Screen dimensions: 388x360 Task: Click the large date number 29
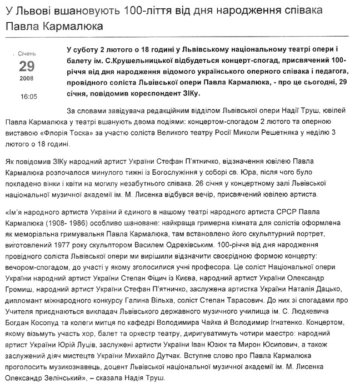coord(27,66)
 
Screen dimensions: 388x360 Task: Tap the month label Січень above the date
coord(27,54)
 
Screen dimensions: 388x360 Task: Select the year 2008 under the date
coord(27,81)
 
